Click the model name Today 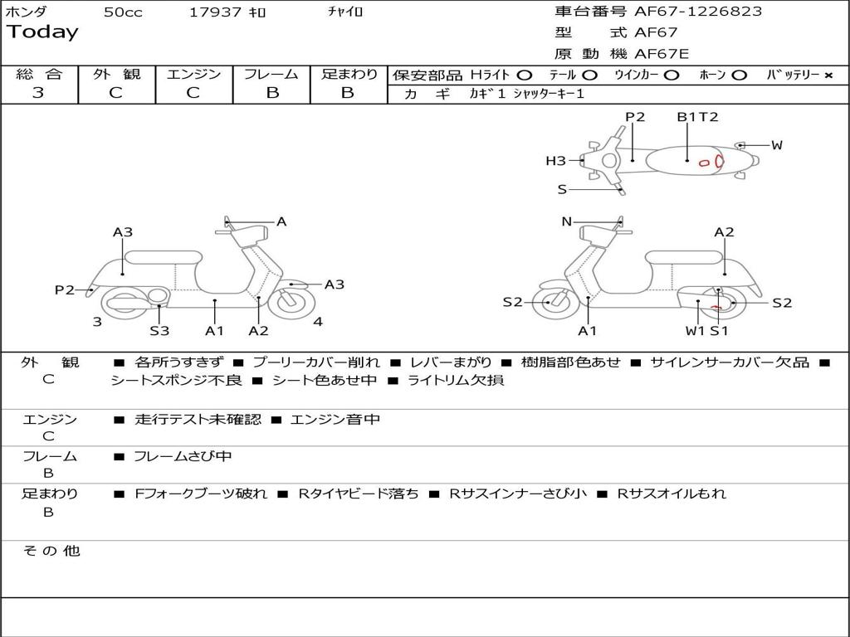(42, 32)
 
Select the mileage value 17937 (215, 12)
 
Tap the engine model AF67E (662, 54)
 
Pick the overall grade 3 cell (38, 93)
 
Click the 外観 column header (116, 74)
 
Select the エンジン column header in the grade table (193, 74)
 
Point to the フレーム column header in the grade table (271, 74)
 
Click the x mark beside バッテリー (828, 75)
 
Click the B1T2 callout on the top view (696, 117)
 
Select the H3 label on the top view (555, 161)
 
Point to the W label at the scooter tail (776, 145)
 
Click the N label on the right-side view (567, 221)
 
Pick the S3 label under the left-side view (159, 331)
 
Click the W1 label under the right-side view (695, 331)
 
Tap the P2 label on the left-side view (65, 289)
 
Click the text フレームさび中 (183, 456)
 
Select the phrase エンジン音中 (335, 420)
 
